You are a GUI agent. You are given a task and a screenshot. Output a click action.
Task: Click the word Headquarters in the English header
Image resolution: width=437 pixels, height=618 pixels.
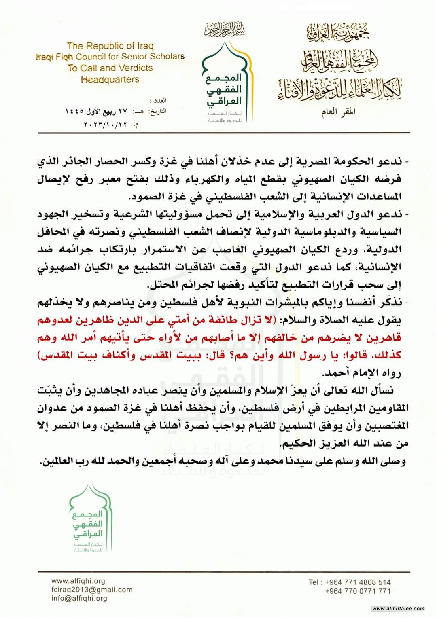110,79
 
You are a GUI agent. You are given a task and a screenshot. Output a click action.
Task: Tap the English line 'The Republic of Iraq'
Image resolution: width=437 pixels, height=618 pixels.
110,46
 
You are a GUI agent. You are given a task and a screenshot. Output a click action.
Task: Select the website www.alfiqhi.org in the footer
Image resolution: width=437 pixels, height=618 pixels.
79,581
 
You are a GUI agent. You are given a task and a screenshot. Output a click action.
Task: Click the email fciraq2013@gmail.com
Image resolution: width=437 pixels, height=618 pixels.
92,590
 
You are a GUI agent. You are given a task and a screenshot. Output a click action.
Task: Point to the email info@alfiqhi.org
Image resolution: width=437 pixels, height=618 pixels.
79,599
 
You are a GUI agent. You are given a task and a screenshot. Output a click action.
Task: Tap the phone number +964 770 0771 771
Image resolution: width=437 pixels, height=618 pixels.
358,591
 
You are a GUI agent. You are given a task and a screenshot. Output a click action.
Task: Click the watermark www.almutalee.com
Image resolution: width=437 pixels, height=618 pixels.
398,609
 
